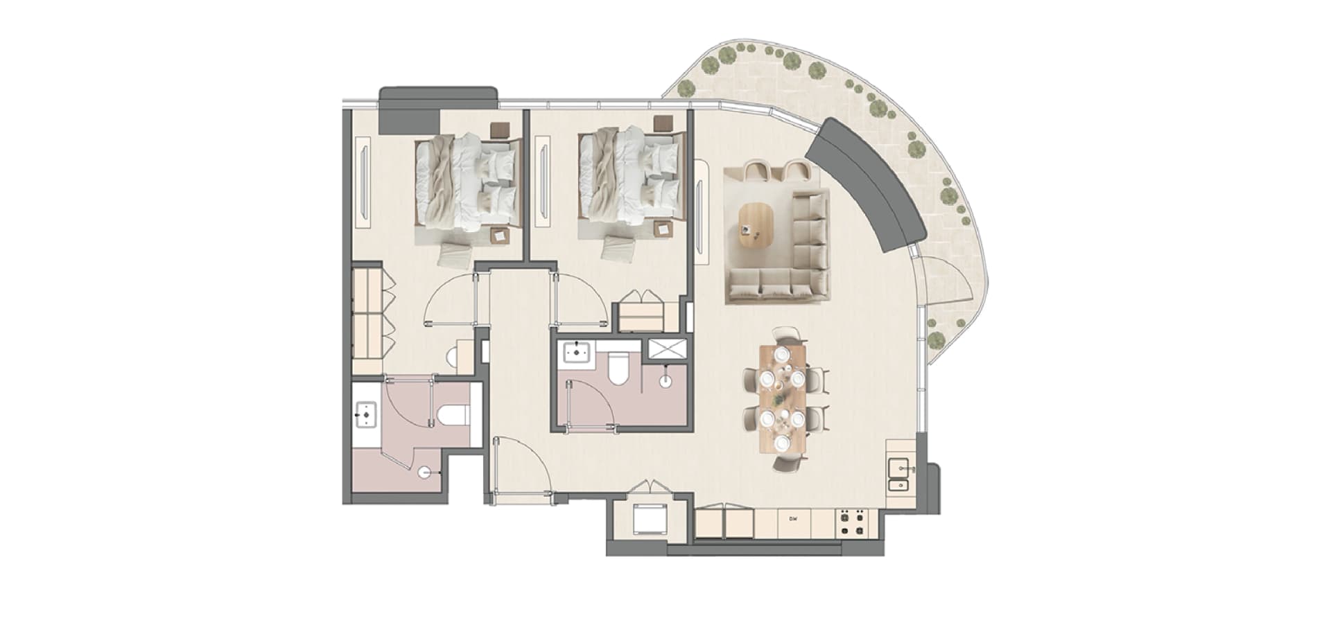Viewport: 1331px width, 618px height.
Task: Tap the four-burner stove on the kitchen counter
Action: pyautogui.click(x=852, y=523)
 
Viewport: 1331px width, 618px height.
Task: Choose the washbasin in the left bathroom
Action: pyautogui.click(x=365, y=416)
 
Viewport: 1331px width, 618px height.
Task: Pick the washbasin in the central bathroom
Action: pyautogui.click(x=575, y=353)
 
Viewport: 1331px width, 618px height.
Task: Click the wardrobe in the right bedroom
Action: pyautogui.click(x=644, y=311)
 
